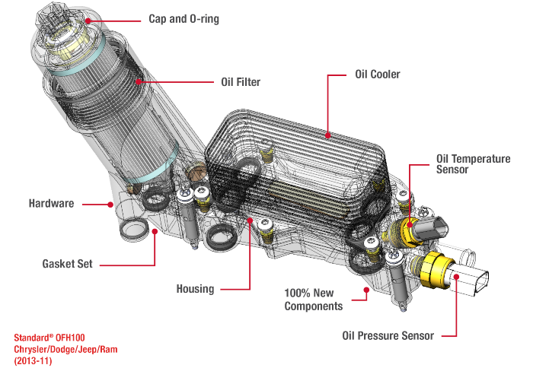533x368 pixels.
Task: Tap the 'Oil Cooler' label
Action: tap(378, 75)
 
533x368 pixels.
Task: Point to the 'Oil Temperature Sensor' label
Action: tap(472, 164)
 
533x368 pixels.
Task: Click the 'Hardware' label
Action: tap(51, 204)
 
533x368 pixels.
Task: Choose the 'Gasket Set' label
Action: tap(67, 264)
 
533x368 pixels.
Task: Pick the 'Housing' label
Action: tap(195, 289)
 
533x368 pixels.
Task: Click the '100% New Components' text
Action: tap(313, 299)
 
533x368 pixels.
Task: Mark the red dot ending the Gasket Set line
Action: tap(156, 230)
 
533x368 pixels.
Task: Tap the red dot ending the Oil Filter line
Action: tap(138, 79)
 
